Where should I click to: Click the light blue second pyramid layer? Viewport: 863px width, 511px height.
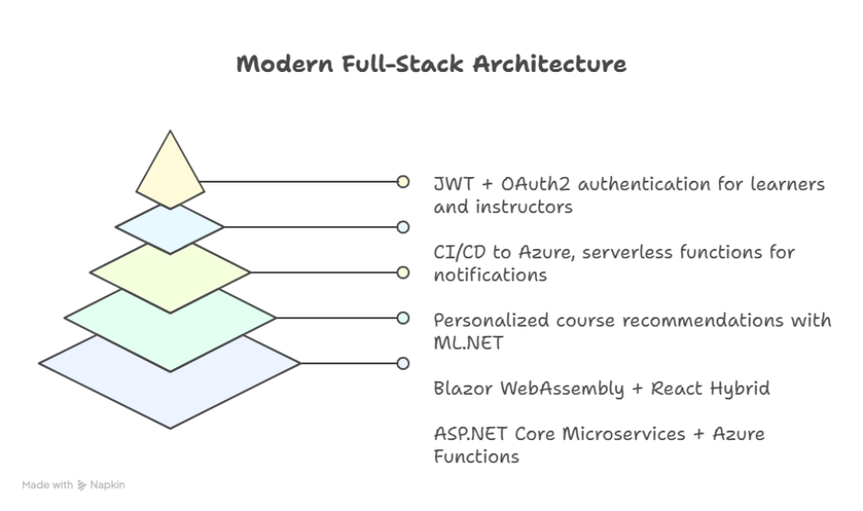(171, 227)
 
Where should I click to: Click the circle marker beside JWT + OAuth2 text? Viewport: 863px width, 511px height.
(403, 182)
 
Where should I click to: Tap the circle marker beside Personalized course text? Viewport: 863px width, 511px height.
(403, 317)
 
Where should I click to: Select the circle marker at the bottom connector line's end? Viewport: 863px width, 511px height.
(403, 362)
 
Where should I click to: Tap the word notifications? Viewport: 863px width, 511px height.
(490, 275)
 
